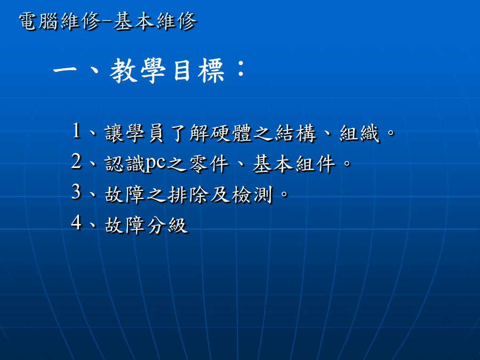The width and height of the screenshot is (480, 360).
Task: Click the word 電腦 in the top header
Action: coord(38,21)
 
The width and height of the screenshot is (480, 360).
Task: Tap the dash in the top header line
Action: coord(107,22)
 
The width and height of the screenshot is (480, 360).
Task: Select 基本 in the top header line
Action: coord(133,21)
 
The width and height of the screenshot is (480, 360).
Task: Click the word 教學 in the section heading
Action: coord(138,71)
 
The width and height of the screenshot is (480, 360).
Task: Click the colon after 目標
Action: coord(241,69)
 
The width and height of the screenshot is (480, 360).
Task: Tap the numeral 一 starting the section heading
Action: coord(65,70)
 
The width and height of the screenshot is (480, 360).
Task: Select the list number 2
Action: coord(76,161)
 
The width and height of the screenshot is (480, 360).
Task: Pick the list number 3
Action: coord(76,192)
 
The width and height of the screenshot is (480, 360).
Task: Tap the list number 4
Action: coord(76,222)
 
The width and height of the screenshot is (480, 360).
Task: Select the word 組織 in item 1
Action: coord(359,133)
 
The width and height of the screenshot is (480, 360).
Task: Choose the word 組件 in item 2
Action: coord(316,164)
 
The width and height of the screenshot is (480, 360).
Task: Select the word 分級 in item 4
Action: coord(167,225)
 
